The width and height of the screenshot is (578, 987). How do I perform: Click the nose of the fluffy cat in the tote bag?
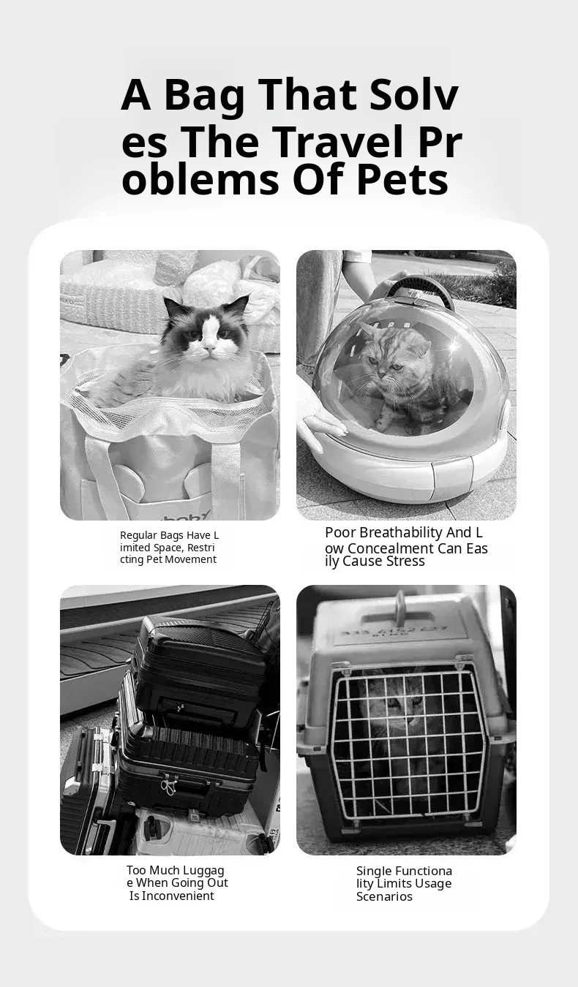[x=210, y=349]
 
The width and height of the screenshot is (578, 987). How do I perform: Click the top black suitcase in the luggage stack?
[x=200, y=673]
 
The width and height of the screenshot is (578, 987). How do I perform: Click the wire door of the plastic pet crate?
[x=407, y=746]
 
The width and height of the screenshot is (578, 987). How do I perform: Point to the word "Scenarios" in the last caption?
[x=384, y=896]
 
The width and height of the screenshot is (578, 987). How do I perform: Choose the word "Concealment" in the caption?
[x=391, y=548]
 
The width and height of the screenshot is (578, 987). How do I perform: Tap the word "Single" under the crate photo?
[x=372, y=871]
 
